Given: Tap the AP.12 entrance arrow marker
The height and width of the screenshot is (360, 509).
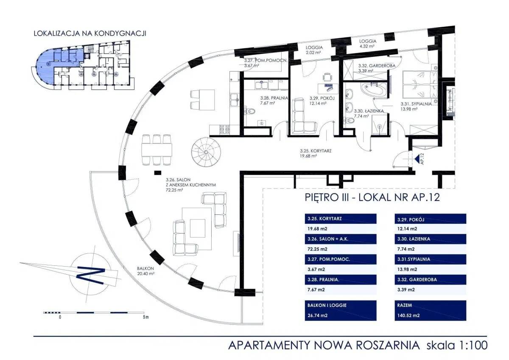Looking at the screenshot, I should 417,159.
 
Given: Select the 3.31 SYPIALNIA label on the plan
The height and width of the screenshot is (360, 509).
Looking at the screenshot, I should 417,106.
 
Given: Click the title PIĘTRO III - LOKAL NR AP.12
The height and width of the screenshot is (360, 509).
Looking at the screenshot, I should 372,198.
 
